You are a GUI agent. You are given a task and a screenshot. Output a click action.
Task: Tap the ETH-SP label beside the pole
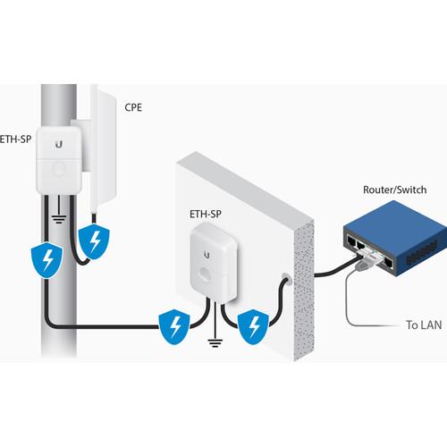pyautogui.click(x=19, y=139)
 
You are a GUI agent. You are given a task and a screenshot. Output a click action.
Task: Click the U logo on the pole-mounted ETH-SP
pyautogui.click(x=58, y=143)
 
